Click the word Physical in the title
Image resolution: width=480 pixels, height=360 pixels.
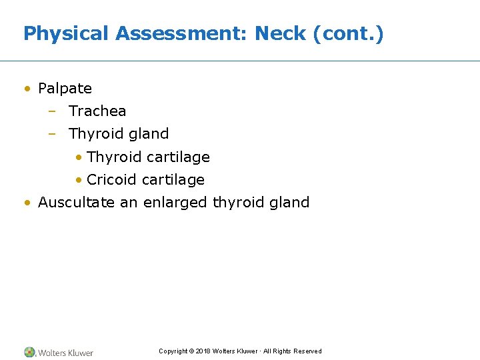point(66,34)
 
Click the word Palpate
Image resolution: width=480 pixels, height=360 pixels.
point(65,89)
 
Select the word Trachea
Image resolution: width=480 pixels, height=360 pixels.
point(97,111)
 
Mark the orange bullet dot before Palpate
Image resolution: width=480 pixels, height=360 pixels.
point(27,89)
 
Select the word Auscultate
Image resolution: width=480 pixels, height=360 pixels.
point(77,203)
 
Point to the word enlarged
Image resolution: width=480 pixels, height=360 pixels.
point(175,203)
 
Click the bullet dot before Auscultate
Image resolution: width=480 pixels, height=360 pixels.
point(27,203)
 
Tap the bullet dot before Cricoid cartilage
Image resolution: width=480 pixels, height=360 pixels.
point(79,180)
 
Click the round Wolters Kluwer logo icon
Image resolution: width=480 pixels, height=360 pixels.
point(29,352)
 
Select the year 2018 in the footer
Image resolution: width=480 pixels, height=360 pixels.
point(203,351)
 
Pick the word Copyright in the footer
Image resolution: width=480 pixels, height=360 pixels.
point(173,351)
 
